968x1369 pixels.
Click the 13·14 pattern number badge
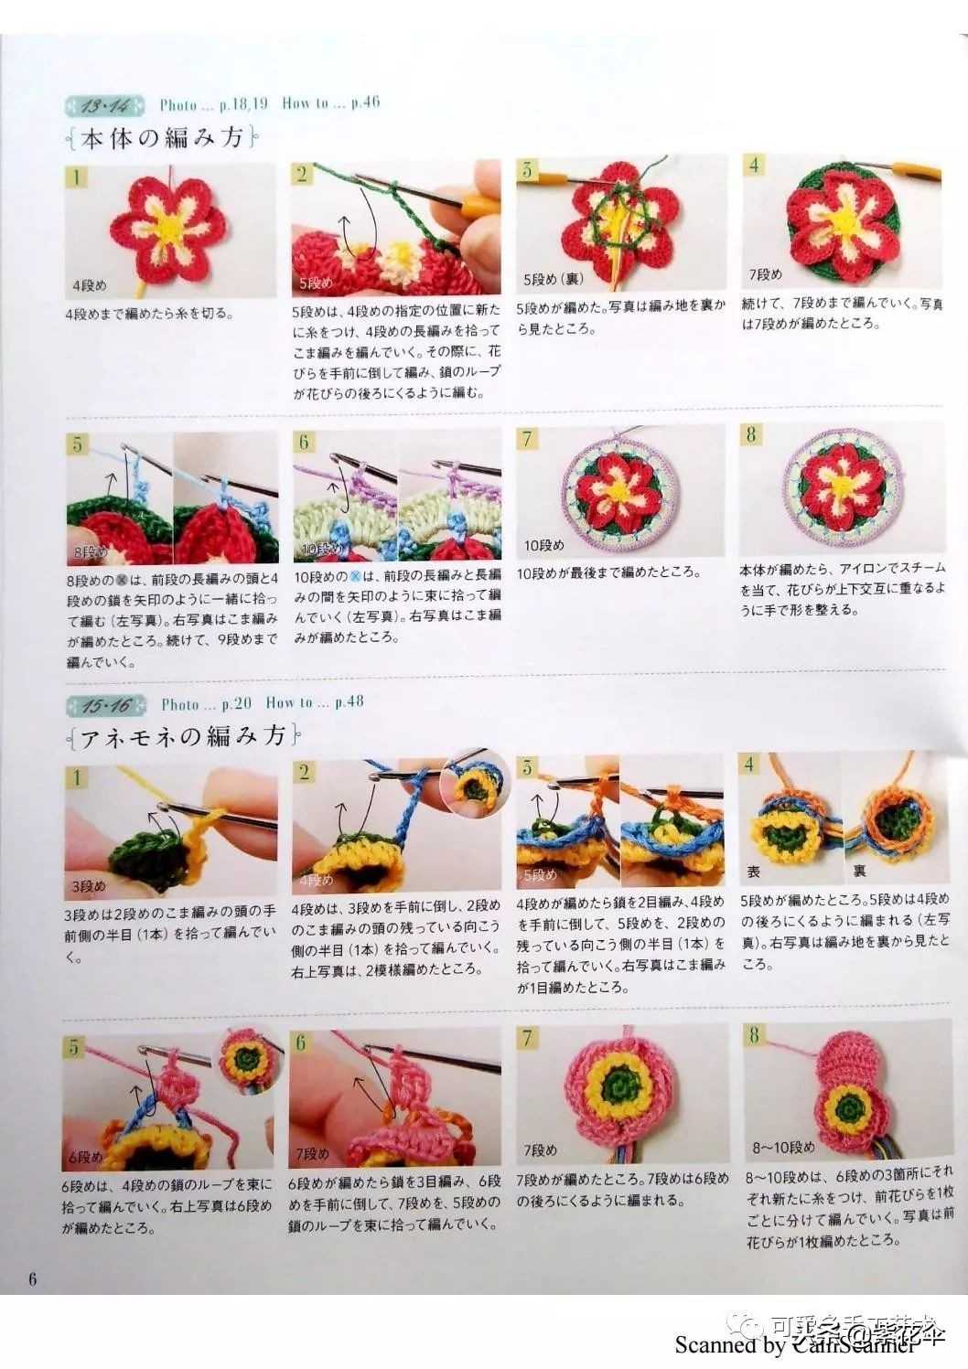coord(105,107)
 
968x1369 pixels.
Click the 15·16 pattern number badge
coord(106,706)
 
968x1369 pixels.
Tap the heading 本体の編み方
coord(162,139)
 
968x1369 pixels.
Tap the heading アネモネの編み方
coord(183,737)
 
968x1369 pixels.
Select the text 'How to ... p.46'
coord(330,103)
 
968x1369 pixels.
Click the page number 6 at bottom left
coord(33,1278)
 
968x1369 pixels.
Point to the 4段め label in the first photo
coord(90,285)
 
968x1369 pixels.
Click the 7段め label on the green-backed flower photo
coord(765,273)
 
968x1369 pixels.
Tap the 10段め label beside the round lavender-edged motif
coord(543,545)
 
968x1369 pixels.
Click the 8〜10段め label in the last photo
coord(783,1147)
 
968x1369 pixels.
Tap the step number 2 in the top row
coord(303,174)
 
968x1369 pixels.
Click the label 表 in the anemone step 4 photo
coord(754,872)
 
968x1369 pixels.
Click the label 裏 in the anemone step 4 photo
coord(859,872)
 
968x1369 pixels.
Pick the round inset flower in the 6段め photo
coord(247,1059)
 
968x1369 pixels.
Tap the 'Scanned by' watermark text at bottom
coord(730,1344)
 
